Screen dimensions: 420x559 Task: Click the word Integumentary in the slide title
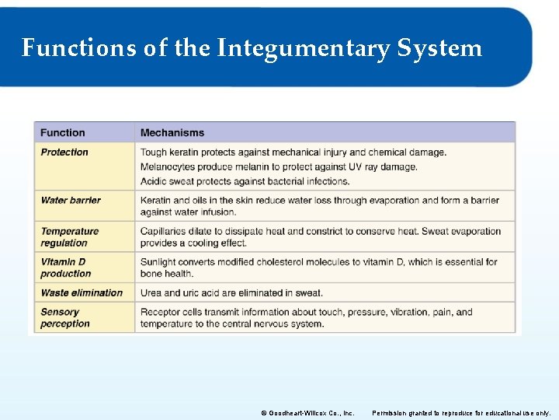304,49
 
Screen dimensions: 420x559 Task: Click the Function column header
63,133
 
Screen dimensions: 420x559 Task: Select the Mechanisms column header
172,133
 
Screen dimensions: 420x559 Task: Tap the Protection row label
64,152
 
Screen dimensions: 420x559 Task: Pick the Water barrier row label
71,201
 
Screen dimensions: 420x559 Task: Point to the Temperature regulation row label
70,237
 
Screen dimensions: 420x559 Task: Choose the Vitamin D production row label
66,268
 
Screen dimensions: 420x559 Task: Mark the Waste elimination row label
82,293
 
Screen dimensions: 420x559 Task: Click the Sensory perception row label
65,318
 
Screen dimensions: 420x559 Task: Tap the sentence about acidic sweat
245,182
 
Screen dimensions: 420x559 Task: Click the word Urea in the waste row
151,293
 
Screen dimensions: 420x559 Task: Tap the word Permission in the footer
394,413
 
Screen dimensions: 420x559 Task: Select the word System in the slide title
439,49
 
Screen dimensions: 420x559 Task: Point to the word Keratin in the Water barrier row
155,201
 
